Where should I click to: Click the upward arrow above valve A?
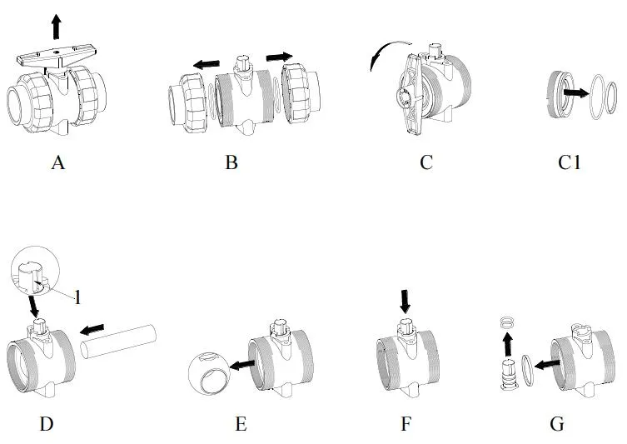(x=56, y=26)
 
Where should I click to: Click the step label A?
(x=57, y=162)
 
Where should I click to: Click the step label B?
(x=231, y=162)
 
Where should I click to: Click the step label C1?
(x=570, y=162)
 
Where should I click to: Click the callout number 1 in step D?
(x=77, y=297)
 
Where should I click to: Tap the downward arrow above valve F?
(x=405, y=301)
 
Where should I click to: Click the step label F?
(x=406, y=424)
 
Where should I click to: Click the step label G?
(x=557, y=424)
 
